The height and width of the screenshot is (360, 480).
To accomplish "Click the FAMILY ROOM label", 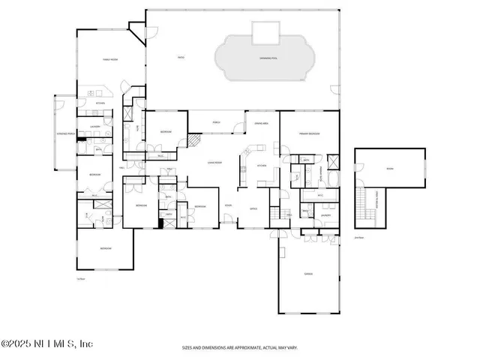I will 111,58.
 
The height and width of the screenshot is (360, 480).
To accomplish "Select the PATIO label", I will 180,57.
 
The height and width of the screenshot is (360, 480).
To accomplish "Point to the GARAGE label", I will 308,274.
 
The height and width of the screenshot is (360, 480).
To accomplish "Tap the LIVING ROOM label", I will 217,161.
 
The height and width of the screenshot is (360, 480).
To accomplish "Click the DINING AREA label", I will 262,123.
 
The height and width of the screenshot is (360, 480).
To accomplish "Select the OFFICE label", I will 253,208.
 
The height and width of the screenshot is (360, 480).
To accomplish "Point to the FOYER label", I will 229,204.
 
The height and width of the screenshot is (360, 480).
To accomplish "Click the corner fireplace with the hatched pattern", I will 193,140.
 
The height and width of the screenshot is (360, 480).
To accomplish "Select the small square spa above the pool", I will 264,32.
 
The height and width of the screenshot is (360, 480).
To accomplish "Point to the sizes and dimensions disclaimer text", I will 239,348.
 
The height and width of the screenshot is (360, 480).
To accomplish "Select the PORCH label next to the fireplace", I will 216,121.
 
